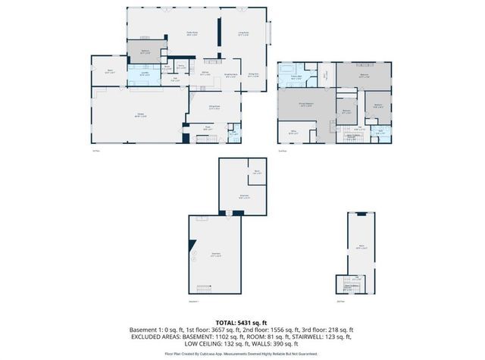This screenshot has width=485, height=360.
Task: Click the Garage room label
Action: pos(140,115)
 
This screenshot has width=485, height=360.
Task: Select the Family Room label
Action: pos(192,33)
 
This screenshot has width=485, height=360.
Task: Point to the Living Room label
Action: pos(244,33)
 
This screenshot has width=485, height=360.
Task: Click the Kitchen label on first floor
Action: pos(205,74)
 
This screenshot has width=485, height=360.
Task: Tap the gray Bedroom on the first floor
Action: pos(145,52)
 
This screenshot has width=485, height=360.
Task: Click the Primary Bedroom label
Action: pos(307,106)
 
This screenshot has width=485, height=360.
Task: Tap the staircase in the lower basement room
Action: pos(202,291)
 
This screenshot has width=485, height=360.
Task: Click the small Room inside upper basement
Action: pos(258,174)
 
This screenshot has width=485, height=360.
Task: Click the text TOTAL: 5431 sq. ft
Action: pos(242,322)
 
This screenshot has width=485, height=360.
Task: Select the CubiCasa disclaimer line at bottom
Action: pos(242,354)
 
